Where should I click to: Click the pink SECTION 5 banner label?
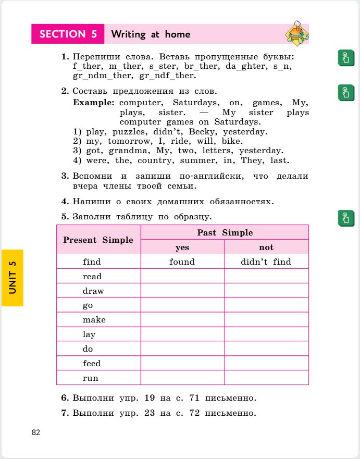(68, 34)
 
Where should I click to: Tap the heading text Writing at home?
(151, 35)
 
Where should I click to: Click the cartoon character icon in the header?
(296, 33)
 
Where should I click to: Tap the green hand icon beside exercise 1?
(344, 58)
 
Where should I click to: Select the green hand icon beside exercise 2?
(344, 92)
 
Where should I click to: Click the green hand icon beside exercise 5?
(344, 218)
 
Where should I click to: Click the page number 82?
(36, 432)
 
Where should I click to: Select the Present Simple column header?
(98, 240)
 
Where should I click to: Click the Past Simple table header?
(225, 232)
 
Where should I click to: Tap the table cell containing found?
(182, 262)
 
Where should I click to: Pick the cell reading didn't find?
(266, 262)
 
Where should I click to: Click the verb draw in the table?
(93, 291)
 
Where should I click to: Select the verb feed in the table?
(92, 363)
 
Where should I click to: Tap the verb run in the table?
(90, 378)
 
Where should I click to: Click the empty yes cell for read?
(182, 276)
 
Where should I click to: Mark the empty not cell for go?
(266, 305)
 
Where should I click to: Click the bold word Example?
(94, 103)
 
